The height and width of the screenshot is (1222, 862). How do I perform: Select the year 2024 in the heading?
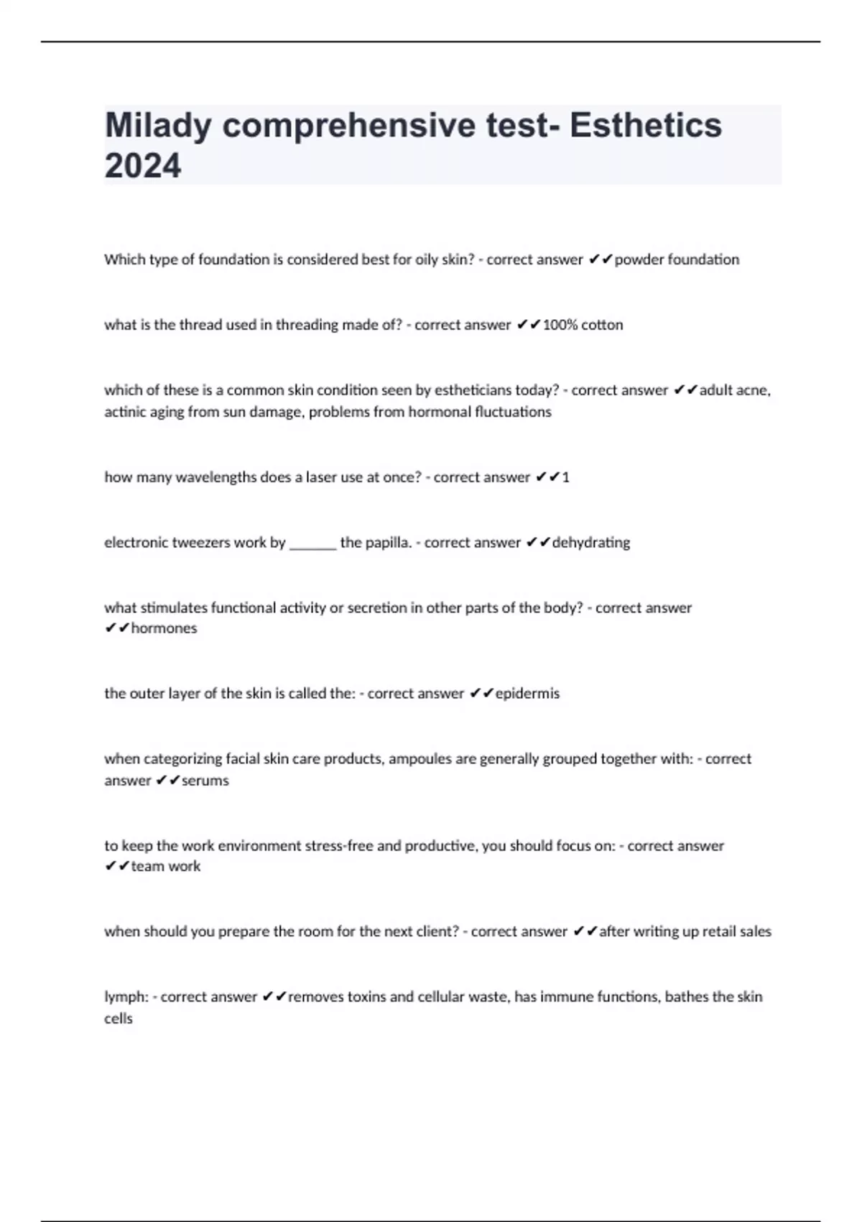(x=143, y=166)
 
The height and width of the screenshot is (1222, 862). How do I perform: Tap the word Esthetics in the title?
(x=646, y=125)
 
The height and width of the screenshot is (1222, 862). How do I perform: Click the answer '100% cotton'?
(x=583, y=325)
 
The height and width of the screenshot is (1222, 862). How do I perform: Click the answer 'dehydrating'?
(x=590, y=543)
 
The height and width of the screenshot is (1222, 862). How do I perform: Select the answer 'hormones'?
(x=164, y=628)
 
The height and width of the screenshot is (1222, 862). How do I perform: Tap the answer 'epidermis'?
(x=527, y=694)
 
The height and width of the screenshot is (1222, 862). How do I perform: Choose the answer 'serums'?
(x=205, y=781)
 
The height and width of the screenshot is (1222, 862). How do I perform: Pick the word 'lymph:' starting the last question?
(x=126, y=997)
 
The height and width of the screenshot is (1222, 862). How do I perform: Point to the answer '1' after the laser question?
(x=566, y=477)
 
